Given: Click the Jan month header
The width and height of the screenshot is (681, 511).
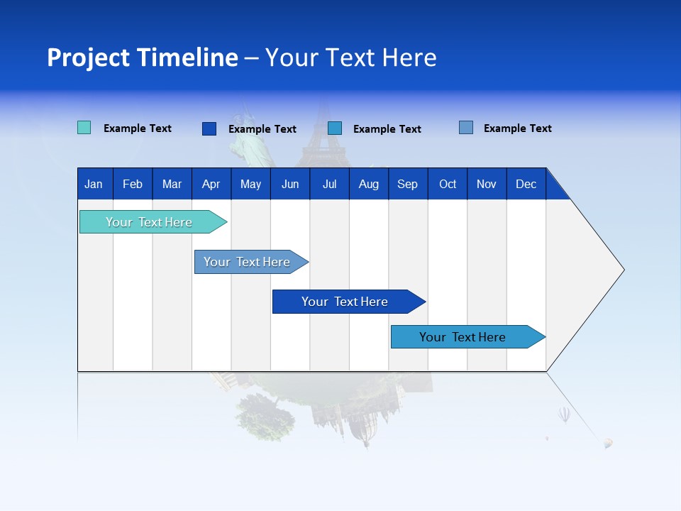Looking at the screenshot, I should pyautogui.click(x=94, y=184).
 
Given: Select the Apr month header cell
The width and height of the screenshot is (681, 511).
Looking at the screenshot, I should pyautogui.click(x=211, y=184).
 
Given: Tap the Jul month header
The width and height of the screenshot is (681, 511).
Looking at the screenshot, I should pyautogui.click(x=329, y=184).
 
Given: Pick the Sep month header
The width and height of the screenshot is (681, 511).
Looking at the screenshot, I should pyautogui.click(x=407, y=184).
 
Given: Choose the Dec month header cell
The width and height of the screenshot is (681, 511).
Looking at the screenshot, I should pyautogui.click(x=526, y=184).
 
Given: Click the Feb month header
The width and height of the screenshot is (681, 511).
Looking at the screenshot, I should pyautogui.click(x=133, y=184).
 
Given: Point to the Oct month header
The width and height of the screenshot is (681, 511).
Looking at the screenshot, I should pyautogui.click(x=448, y=184).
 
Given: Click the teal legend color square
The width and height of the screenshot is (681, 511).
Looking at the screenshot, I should pyautogui.click(x=84, y=128).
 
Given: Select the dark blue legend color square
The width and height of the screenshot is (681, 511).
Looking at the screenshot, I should pyautogui.click(x=209, y=128).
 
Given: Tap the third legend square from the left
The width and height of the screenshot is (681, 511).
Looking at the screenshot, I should pyautogui.click(x=335, y=128).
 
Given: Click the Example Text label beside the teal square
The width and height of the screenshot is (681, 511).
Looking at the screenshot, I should pyautogui.click(x=138, y=128).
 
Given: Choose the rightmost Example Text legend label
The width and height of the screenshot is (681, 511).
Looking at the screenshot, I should pyautogui.click(x=517, y=128).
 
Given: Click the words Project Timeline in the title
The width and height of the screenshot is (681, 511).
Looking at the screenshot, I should pyautogui.click(x=143, y=57).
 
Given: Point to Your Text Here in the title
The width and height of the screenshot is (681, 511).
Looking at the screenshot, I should pyautogui.click(x=350, y=57).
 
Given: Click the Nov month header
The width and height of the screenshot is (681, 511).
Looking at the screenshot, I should pyautogui.click(x=487, y=184).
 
